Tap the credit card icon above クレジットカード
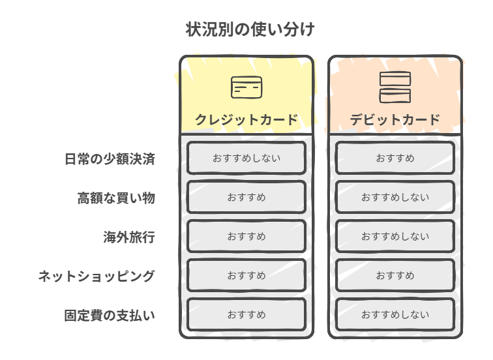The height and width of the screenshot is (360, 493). [x=246, y=87]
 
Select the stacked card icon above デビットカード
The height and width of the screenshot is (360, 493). [x=395, y=87]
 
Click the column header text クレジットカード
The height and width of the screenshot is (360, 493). [x=246, y=120]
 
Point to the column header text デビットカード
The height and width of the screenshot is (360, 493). [x=395, y=120]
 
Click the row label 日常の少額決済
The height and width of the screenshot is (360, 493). [x=110, y=158]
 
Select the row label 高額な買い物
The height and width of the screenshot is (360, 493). [x=116, y=198]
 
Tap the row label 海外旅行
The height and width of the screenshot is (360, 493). [x=129, y=237]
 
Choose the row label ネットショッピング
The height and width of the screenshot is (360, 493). [x=97, y=276]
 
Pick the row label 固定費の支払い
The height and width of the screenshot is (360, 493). [x=110, y=315]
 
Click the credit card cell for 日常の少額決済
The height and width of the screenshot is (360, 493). [x=246, y=158]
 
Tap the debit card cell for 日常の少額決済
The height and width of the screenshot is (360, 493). [x=395, y=158]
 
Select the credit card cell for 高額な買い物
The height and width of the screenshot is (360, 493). [x=246, y=197]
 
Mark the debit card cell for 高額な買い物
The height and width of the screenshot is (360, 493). [x=395, y=197]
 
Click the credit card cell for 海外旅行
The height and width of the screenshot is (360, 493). [x=246, y=236]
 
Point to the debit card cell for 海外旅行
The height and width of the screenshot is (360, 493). [x=395, y=236]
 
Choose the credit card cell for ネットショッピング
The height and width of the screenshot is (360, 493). [x=246, y=275]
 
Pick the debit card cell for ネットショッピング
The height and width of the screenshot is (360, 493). [x=395, y=275]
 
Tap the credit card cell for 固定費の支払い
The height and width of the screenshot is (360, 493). [x=246, y=314]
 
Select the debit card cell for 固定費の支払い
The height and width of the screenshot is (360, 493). [x=395, y=314]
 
